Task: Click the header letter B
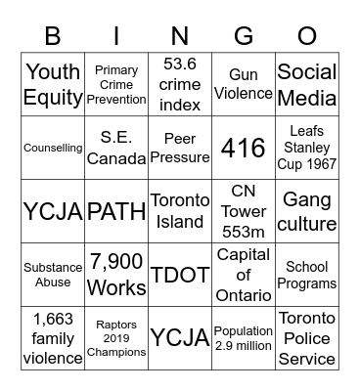53,36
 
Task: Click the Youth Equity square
53,84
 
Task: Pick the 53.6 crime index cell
180,84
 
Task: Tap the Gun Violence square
243,84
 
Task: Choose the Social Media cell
306,84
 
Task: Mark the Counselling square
53,148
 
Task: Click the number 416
243,148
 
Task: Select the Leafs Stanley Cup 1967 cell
306,148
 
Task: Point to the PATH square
116,211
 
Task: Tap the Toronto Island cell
180,211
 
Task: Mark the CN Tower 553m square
243,211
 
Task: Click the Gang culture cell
306,211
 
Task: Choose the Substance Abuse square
53,275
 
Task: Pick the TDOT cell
180,275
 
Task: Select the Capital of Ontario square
243,275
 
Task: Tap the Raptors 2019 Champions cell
116,338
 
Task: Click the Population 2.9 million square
243,338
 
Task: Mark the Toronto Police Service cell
306,338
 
